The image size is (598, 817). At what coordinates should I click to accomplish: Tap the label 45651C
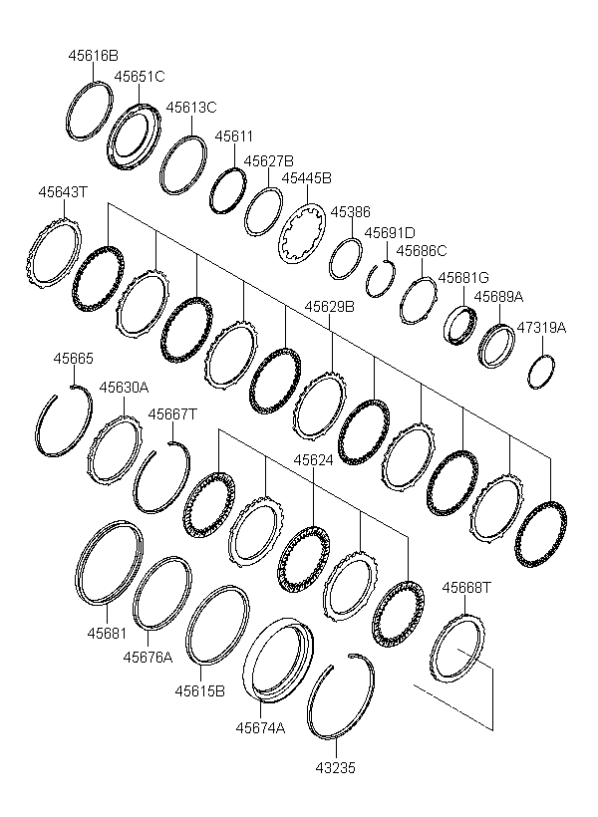coord(140,76)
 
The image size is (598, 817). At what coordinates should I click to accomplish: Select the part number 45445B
coord(306,178)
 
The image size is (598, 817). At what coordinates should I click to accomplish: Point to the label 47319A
coord(541,327)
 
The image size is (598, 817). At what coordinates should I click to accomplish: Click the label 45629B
coord(329,307)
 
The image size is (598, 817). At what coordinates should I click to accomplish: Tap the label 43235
coord(334,768)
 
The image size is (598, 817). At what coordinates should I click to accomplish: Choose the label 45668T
coord(467,588)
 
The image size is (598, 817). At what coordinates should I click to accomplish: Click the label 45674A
coord(260,727)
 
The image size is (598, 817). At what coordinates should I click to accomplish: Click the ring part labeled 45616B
coord(89,110)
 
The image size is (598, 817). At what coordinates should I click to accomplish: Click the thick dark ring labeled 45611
coord(228,189)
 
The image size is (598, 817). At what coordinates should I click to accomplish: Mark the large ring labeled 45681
coord(110,564)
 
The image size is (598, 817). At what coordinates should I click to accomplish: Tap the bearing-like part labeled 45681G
coord(460,326)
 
